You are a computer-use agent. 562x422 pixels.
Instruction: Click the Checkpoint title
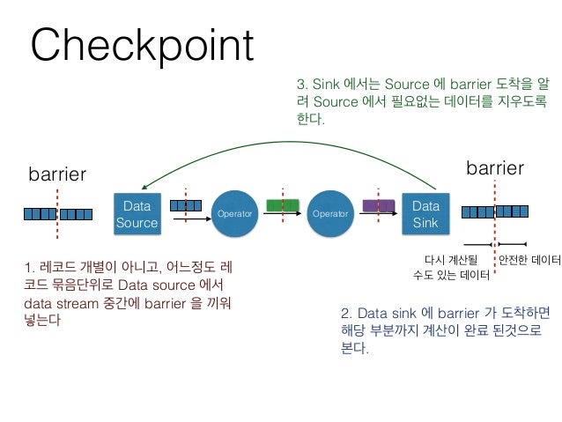(142, 46)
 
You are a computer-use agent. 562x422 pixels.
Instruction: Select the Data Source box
(137, 214)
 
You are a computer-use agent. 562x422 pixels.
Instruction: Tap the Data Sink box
(425, 214)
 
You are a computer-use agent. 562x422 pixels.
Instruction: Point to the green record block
(283, 205)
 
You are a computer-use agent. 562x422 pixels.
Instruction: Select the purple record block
(379, 205)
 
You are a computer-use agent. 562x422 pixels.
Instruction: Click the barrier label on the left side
(58, 174)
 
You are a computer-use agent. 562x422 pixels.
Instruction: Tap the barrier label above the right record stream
(495, 167)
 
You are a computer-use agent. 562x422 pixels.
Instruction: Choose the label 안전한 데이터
(529, 260)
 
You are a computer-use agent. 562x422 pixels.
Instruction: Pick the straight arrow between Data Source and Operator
(192, 221)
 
